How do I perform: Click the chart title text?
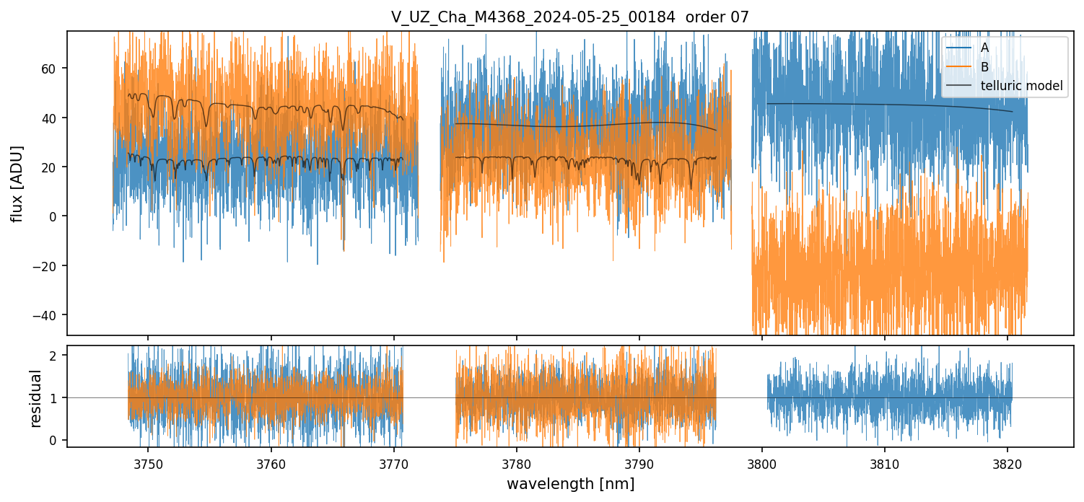[x=569, y=16]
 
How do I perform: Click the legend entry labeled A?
[x=984, y=48]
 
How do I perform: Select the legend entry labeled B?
[x=984, y=66]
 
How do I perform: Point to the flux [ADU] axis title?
[x=15, y=183]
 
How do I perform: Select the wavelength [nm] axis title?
[x=570, y=483]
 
